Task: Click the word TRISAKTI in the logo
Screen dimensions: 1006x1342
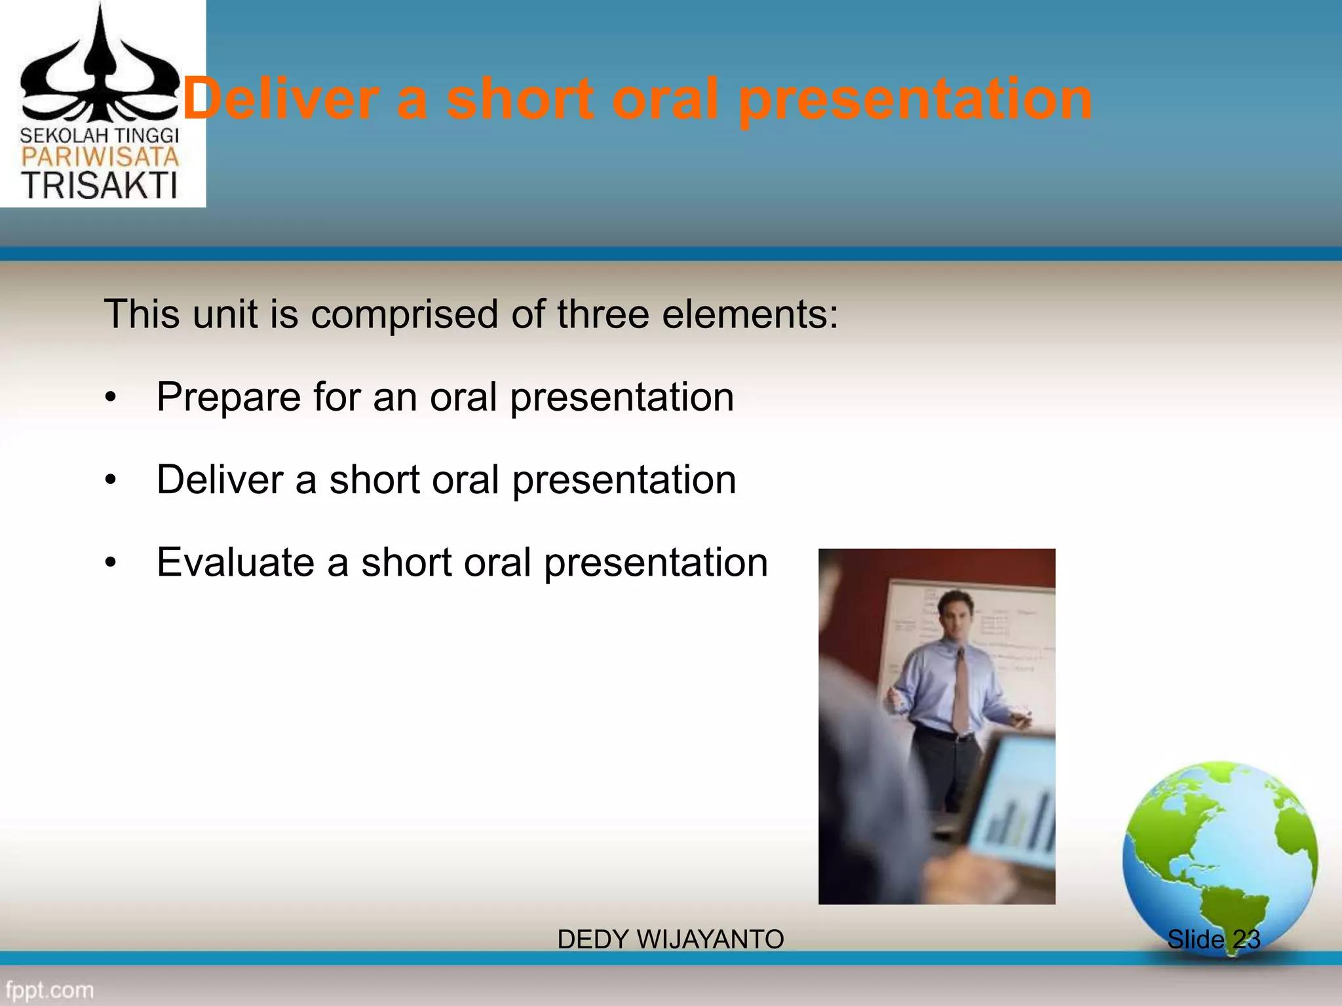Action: (100, 185)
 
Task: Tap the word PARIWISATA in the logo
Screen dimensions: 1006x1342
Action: (100, 157)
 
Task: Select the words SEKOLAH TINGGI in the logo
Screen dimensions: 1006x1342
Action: (100, 136)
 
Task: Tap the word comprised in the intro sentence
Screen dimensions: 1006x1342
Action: (404, 314)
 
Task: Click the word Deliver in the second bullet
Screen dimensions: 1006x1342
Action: (220, 479)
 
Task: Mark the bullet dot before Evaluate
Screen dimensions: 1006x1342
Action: (111, 563)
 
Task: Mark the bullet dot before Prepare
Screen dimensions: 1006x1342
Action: (111, 398)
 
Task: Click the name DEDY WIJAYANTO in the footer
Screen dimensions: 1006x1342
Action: (670, 940)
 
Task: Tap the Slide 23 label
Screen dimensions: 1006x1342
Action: (1214, 940)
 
